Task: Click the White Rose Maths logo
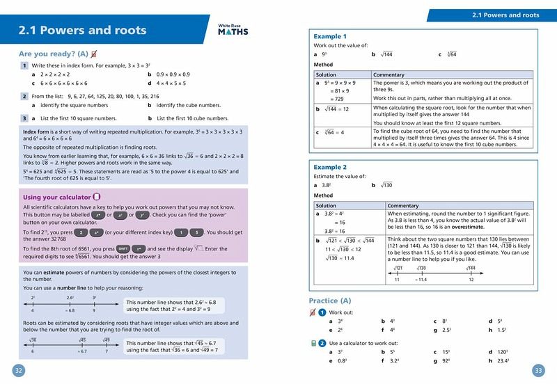tap(233, 29)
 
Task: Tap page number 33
tap(538, 369)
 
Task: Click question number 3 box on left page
tap(24, 119)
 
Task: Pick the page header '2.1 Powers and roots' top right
tap(505, 15)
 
